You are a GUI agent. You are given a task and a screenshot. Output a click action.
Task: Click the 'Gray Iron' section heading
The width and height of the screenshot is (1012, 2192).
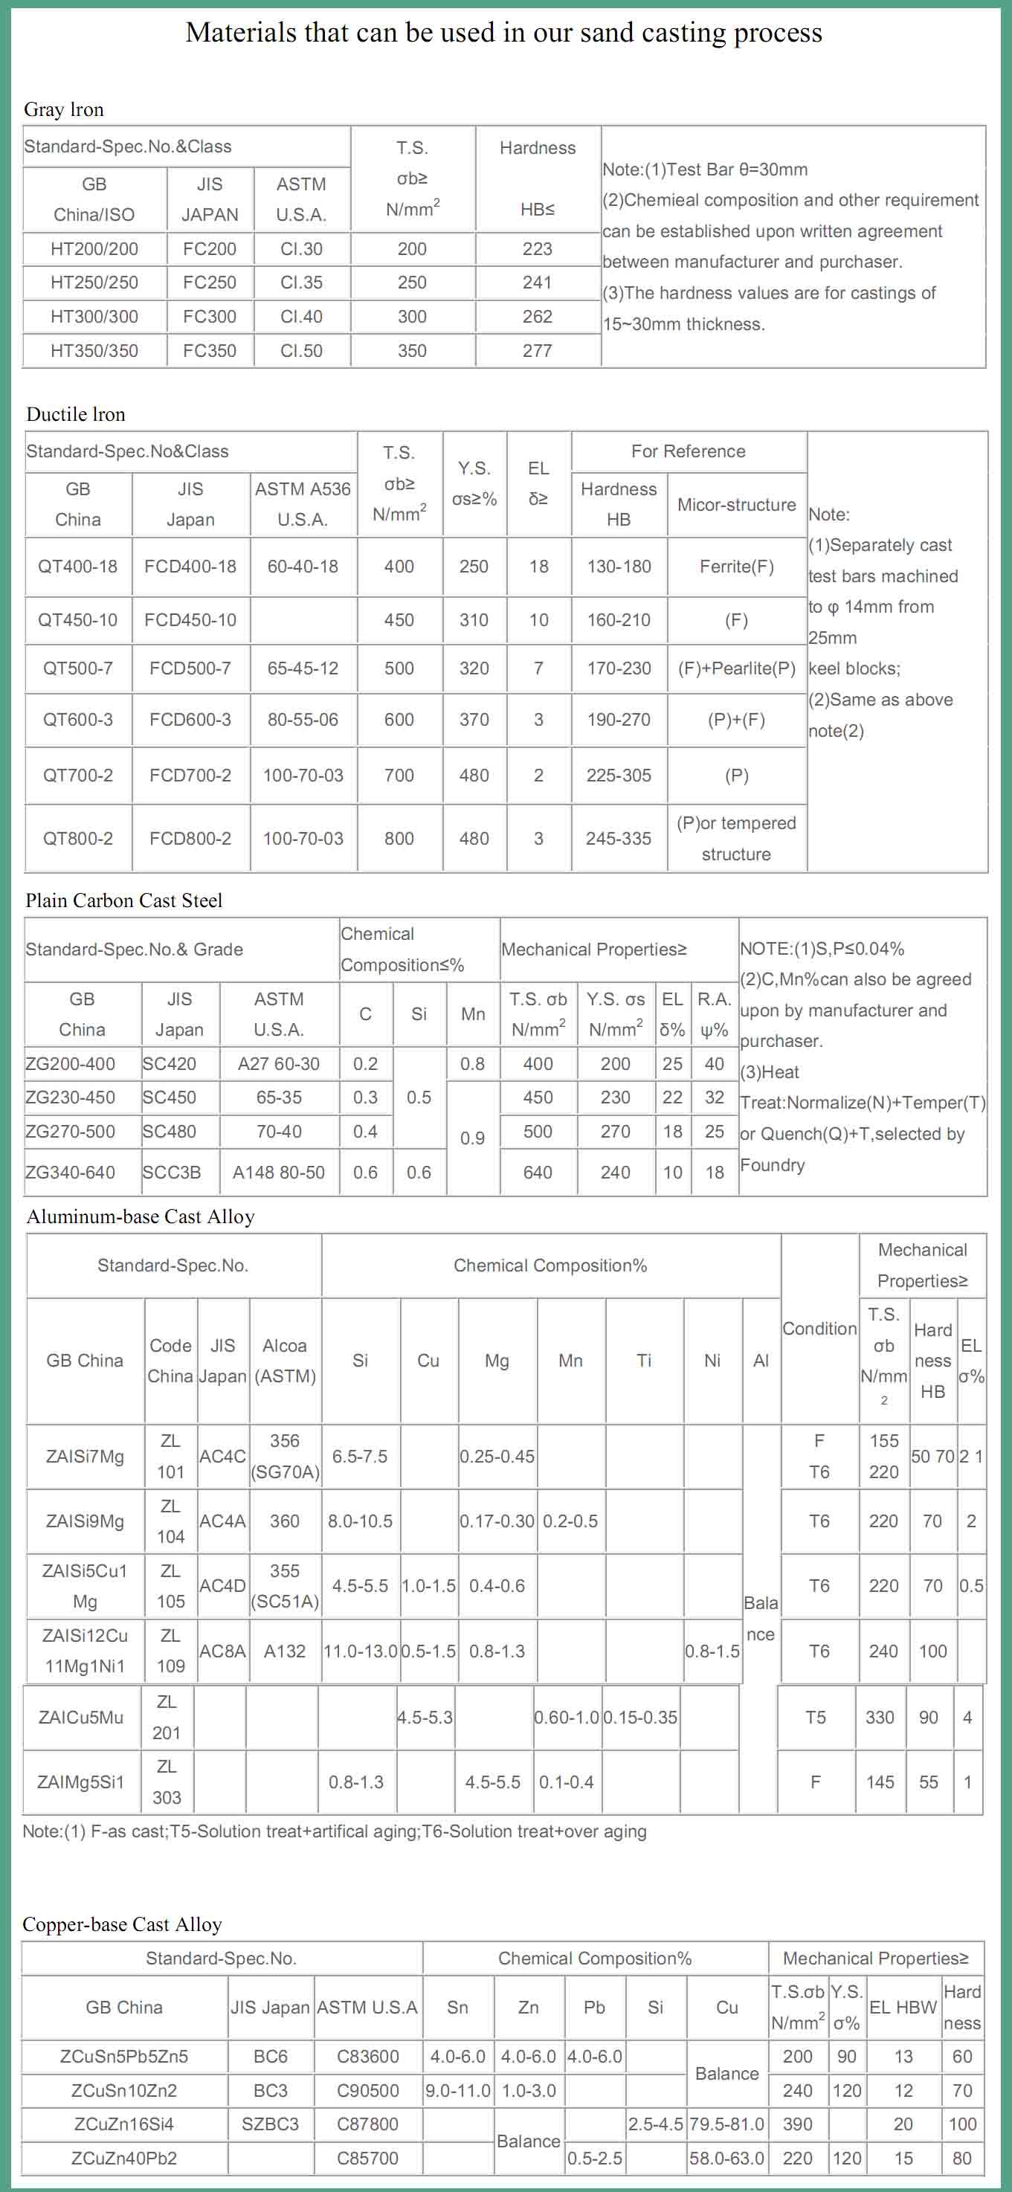pos(64,110)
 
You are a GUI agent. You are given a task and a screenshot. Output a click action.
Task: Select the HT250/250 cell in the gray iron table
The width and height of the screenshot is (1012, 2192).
pos(94,283)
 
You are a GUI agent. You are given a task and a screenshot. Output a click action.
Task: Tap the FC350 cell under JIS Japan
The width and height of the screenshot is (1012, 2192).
pos(210,350)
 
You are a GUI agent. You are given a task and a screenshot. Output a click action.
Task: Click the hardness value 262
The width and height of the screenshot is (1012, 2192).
pos(537,317)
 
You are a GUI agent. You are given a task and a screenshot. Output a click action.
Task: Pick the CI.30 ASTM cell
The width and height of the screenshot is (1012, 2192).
pos(301,249)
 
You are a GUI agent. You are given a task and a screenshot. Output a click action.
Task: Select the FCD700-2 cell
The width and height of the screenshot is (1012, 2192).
pos(190,776)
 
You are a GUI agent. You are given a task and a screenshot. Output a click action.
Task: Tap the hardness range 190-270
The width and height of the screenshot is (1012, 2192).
pos(619,720)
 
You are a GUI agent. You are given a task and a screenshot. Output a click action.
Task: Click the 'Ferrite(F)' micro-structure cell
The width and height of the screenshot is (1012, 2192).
pos(736,567)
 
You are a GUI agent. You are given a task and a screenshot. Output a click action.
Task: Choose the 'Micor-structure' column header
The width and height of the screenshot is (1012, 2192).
pos(736,505)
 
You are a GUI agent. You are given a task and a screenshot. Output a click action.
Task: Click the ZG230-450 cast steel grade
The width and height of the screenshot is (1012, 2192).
pos(71,1097)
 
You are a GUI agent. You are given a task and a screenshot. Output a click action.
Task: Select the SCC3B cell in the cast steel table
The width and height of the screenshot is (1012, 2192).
pos(172,1173)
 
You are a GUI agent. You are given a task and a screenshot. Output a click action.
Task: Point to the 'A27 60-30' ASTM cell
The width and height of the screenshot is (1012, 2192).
pos(278,1064)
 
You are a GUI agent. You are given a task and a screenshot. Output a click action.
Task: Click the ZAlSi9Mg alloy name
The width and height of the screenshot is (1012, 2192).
pos(84,1521)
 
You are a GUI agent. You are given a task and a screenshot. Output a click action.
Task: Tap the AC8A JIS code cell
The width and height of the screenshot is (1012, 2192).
pos(222,1651)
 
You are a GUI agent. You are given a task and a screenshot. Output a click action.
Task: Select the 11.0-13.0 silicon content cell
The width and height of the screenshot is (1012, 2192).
pos(360,1651)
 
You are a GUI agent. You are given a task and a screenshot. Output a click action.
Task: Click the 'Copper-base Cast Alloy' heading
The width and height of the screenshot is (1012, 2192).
pos(122,1925)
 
